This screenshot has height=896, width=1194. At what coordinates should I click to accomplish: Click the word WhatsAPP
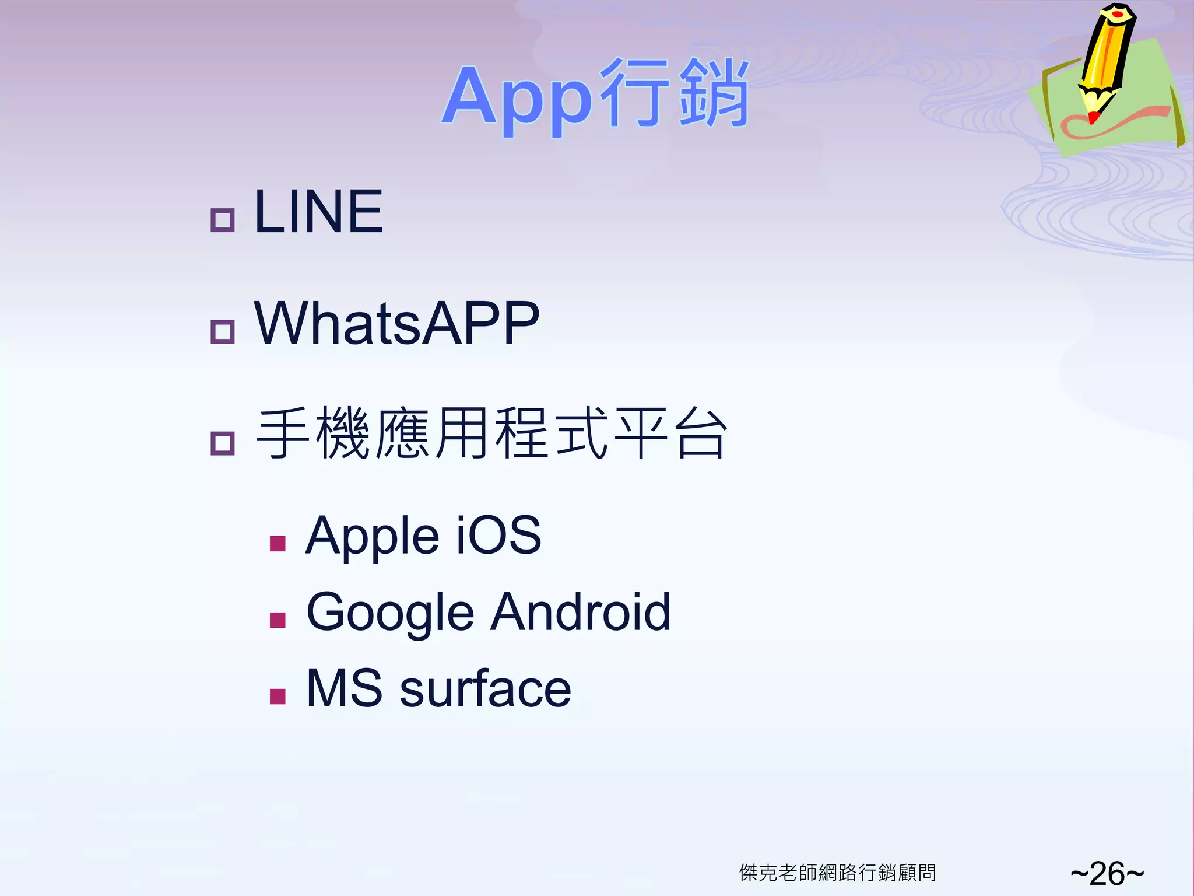pos(397,323)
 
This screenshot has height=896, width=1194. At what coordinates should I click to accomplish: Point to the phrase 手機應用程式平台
pos(491,433)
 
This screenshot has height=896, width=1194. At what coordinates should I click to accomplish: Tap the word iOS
pos(498,535)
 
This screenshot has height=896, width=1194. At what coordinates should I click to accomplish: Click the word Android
pos(580,612)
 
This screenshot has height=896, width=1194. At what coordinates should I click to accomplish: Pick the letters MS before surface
pos(344,689)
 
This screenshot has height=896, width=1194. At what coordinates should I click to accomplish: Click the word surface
pos(485,689)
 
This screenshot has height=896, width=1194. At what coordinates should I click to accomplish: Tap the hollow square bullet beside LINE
pos(222,220)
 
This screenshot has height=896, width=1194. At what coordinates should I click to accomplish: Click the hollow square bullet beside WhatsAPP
pos(222,332)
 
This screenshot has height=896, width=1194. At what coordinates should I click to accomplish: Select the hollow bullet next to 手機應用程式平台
pos(222,443)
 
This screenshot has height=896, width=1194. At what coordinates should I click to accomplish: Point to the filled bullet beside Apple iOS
pos(278,544)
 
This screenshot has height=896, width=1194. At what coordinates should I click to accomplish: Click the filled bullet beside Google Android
pos(278,620)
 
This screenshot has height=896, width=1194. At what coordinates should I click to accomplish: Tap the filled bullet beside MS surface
pos(278,696)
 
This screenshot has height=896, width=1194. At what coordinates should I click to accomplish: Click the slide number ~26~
pos(1107,873)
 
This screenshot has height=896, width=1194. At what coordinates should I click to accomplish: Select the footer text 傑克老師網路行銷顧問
pos(838,873)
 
